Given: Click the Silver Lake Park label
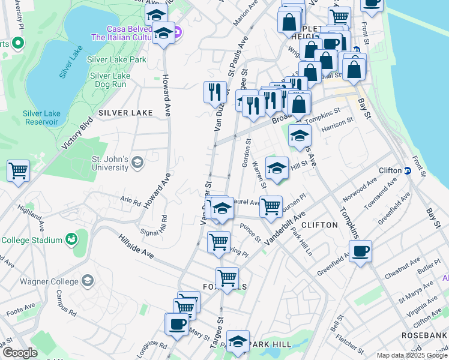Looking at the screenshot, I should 116,60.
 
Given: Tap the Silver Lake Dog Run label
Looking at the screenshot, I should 110,80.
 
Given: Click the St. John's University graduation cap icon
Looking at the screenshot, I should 137,163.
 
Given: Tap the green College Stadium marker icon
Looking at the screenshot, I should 72,239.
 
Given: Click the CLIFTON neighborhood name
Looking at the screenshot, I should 319,225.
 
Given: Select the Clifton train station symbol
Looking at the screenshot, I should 406,170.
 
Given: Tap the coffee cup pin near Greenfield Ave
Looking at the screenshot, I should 360,251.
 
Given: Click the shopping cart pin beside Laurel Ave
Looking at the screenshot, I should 271,206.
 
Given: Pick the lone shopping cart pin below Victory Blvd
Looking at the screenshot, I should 19,170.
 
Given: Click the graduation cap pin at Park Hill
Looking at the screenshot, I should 238,341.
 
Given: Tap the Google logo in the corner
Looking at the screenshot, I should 19,353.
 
